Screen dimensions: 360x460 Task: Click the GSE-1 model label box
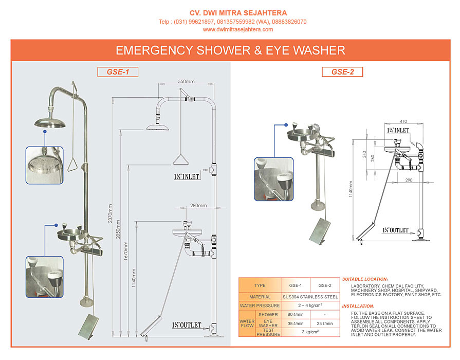pyautogui.click(x=118, y=72)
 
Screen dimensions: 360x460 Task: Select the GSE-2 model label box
pyautogui.click(x=342, y=72)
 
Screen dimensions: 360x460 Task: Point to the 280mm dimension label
pyautogui.click(x=198, y=206)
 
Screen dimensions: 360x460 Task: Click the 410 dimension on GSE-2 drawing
pyautogui.click(x=402, y=122)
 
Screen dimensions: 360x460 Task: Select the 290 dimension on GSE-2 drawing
pyautogui.click(x=409, y=180)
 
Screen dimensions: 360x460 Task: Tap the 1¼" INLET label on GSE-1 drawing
pyautogui.click(x=186, y=176)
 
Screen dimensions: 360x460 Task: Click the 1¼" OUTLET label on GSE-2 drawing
pyautogui.click(x=395, y=230)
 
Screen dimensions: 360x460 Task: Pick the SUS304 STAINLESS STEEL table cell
pyautogui.click(x=310, y=297)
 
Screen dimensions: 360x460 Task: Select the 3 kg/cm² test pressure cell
pyautogui.click(x=310, y=332)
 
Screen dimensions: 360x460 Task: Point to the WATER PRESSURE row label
pyautogui.click(x=260, y=305)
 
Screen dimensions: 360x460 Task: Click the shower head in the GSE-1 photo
pyautogui.click(x=52, y=122)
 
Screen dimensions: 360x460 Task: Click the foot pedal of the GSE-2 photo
pyautogui.click(x=320, y=231)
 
